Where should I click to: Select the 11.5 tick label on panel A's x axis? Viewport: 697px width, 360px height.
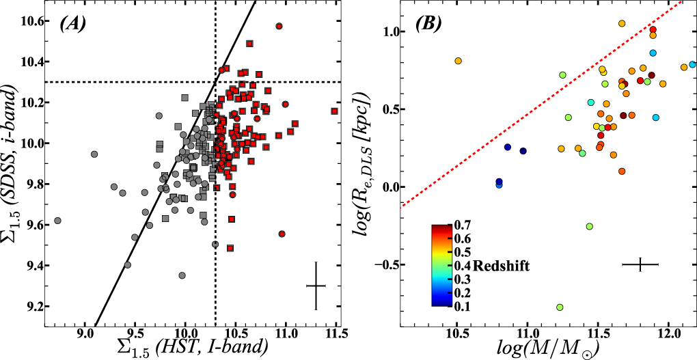coord(335,334)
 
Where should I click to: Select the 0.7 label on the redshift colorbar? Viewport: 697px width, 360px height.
coord(461,223)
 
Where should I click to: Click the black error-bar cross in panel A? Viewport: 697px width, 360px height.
coord(316,286)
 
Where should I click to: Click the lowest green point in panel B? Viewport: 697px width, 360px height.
coord(560,307)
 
